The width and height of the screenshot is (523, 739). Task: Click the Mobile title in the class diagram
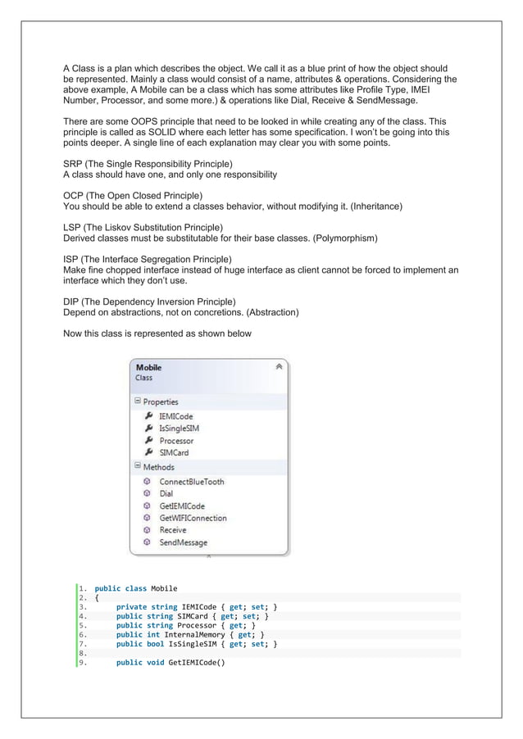(x=148, y=368)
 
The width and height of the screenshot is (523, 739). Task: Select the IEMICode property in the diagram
(x=175, y=416)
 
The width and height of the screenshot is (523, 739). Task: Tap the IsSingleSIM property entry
(x=179, y=428)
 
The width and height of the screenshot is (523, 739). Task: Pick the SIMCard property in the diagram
(x=174, y=452)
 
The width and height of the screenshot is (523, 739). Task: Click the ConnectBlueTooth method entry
(x=191, y=482)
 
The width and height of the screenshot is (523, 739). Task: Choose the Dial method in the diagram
(x=166, y=494)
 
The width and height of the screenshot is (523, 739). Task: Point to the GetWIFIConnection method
(x=193, y=518)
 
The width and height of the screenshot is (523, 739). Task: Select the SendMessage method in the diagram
(x=183, y=542)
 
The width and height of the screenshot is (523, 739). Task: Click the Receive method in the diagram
(x=172, y=530)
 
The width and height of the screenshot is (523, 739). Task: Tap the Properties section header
(x=160, y=402)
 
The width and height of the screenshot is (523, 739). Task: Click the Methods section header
(x=158, y=467)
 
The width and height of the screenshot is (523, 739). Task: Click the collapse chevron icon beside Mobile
(x=279, y=367)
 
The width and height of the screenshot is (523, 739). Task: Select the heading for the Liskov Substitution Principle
(x=143, y=227)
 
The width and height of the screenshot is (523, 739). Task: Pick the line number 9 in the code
(x=83, y=663)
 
